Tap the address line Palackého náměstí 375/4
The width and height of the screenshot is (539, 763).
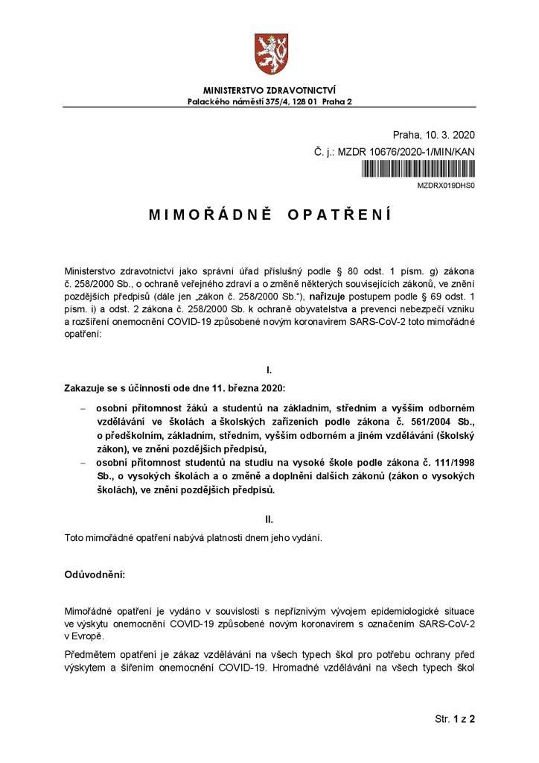269,101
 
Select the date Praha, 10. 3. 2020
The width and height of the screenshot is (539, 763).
433,135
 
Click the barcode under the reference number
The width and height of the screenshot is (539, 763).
418,168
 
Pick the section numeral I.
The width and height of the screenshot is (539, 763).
269,370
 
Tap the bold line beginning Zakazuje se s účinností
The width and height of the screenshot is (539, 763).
159,388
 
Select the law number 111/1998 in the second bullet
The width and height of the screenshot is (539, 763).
446,463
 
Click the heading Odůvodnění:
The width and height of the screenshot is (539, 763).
95,576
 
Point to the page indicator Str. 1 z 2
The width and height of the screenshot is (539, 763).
454,720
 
